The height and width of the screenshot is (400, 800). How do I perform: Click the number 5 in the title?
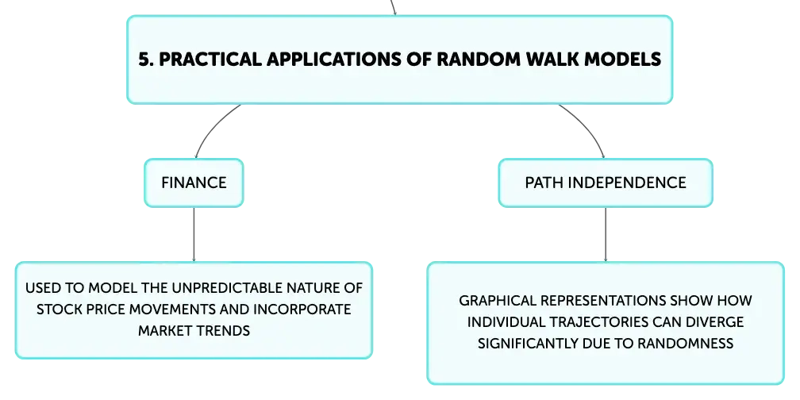pos(144,60)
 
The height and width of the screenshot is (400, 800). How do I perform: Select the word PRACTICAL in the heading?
pos(210,60)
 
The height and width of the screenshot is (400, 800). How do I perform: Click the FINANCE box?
pos(194,183)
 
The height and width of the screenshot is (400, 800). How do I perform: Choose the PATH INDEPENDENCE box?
pos(606,183)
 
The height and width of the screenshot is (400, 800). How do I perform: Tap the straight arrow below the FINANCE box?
pos(194,235)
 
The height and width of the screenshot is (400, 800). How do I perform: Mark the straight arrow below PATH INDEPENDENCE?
pos(606,235)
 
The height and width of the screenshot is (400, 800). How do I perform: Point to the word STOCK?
pos(56,310)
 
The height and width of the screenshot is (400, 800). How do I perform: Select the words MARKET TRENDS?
pos(194,331)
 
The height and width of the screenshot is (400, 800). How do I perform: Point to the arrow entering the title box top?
pos(393,7)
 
